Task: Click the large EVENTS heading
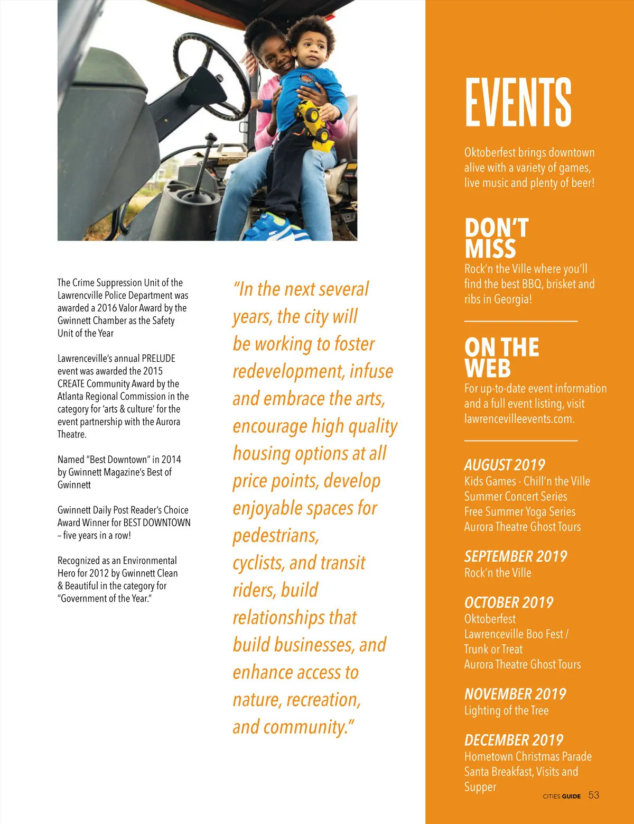[x=518, y=102]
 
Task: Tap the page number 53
[x=594, y=795]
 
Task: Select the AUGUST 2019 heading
[x=505, y=465]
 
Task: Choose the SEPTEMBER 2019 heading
[x=515, y=556]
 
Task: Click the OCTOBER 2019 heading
[x=509, y=602]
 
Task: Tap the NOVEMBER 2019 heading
[x=515, y=694]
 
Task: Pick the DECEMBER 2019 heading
[x=514, y=740]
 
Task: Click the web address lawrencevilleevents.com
[x=519, y=419]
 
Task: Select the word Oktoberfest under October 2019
[x=490, y=619]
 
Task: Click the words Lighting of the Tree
[x=506, y=710]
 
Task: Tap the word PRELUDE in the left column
[x=158, y=358]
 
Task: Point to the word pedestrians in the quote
[x=276, y=536]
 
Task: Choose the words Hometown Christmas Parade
[x=528, y=756]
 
